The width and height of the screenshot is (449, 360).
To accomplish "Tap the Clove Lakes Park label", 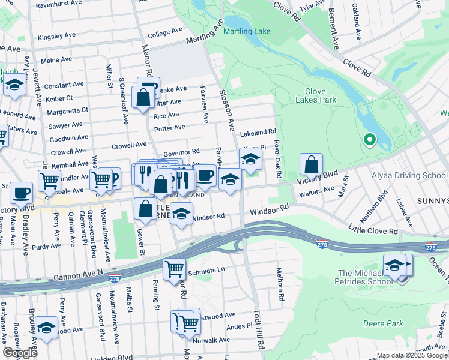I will tap(310, 96).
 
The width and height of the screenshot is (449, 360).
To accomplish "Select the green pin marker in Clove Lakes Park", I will tap(370, 140).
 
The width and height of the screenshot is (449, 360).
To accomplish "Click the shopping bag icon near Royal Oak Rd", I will tap(312, 165).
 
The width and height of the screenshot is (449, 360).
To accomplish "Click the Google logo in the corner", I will tap(20, 353).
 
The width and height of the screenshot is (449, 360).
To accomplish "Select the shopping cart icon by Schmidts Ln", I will tap(174, 269).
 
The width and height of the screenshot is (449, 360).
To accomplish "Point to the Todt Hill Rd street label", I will tap(259, 330).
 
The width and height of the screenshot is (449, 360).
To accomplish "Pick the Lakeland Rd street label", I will tap(258, 132).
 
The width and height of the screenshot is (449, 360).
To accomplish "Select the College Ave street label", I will tap(164, 31).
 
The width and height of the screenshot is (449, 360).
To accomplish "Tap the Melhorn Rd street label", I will tap(279, 283).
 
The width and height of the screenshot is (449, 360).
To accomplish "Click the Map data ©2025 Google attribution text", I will tap(412, 355).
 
